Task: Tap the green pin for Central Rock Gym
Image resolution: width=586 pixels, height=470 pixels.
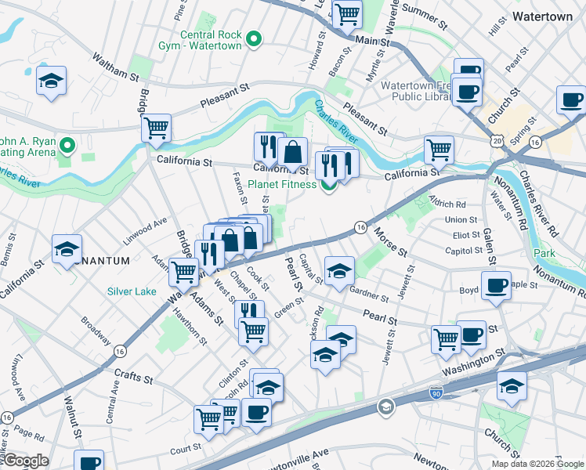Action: pyautogui.click(x=253, y=38)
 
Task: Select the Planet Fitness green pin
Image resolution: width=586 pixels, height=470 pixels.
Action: pyautogui.click(x=328, y=184)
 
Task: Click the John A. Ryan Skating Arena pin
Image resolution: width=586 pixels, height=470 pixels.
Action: pyautogui.click(x=67, y=145)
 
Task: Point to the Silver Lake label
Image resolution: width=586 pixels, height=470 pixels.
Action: pyautogui.click(x=131, y=291)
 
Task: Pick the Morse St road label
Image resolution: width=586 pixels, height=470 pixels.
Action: pyautogui.click(x=389, y=241)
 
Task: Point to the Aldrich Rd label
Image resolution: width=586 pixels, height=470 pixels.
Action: pyautogui.click(x=448, y=203)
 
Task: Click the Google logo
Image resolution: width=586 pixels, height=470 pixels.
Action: pyautogui.click(x=25, y=461)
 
